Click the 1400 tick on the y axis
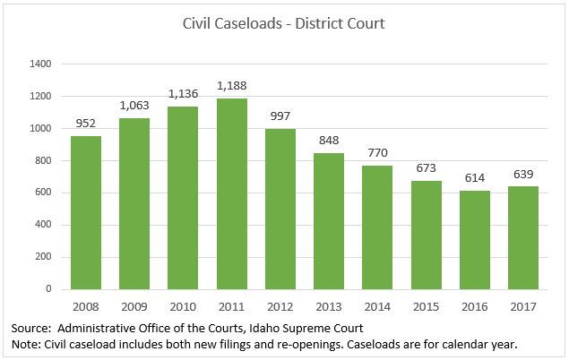[x=40, y=64]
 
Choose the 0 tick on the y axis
[x=48, y=289]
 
